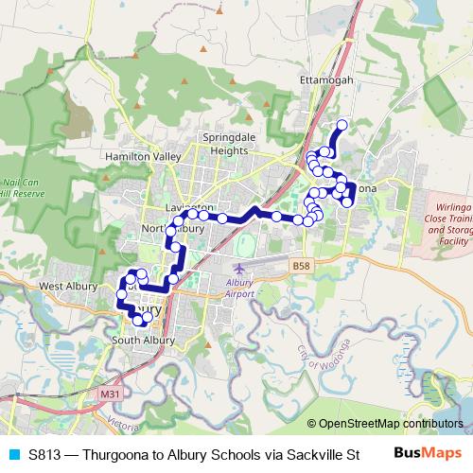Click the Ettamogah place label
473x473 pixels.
325,80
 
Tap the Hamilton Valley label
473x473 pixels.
143,156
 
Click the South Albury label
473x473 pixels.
140,340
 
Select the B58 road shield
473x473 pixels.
301,267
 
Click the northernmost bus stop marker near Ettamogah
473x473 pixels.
342,125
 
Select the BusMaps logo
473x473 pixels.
429,453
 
